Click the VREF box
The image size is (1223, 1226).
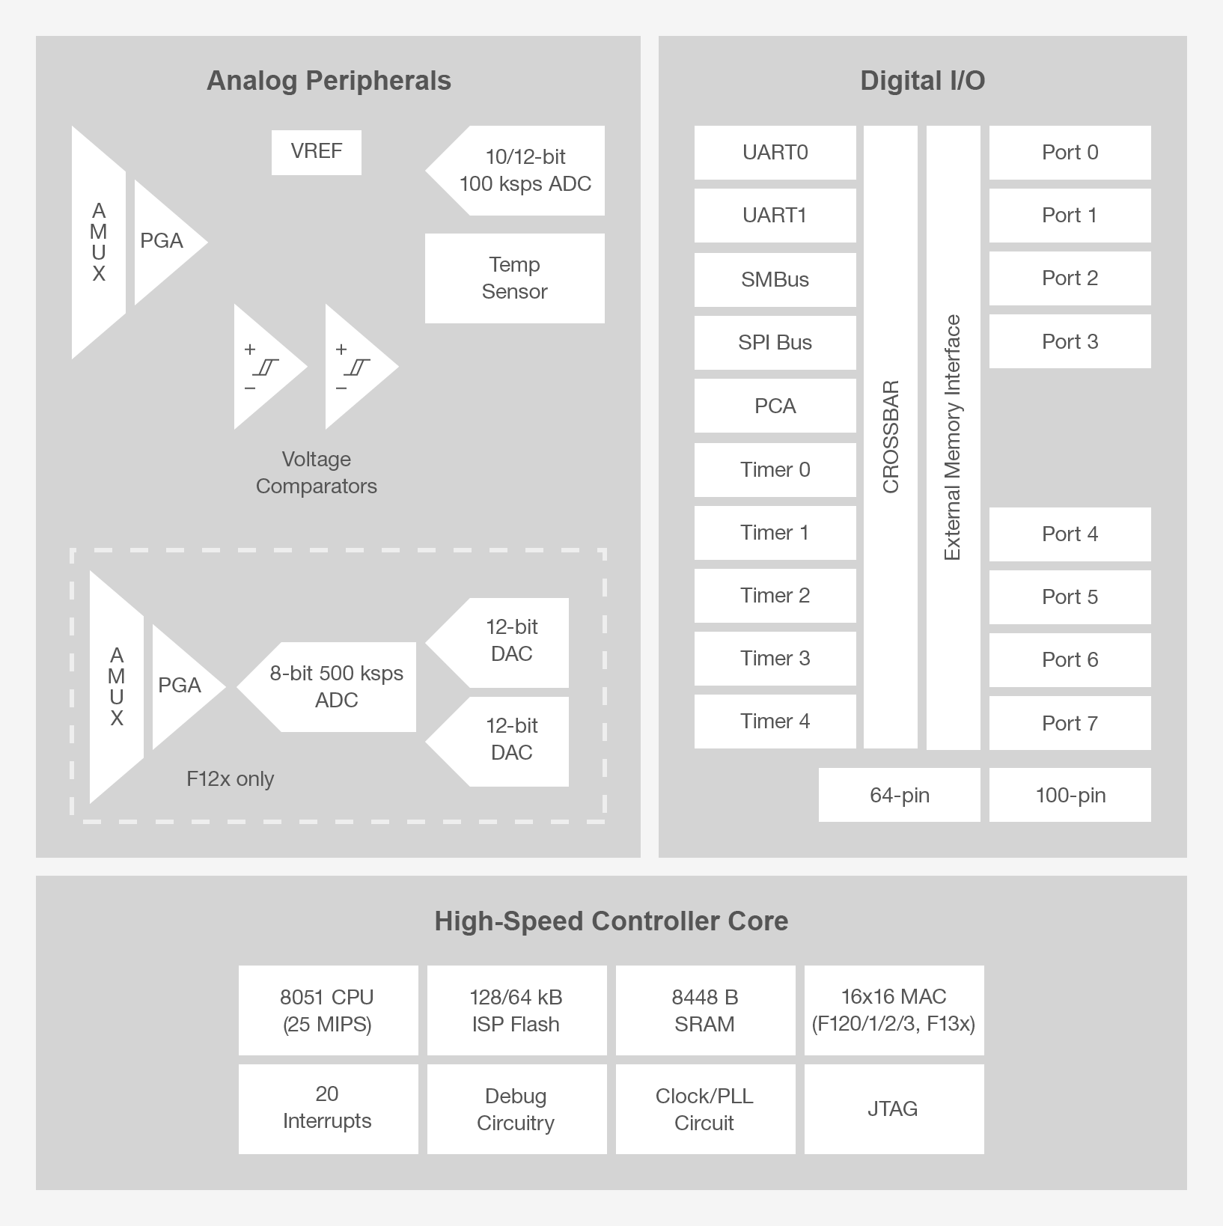(316, 152)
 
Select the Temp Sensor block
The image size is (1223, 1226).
(514, 278)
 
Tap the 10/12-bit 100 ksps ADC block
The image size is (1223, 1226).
(524, 171)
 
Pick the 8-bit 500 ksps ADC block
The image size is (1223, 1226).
(335, 686)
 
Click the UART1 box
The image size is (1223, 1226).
(775, 216)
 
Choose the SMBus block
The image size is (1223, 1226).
(775, 279)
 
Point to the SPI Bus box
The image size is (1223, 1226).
(775, 342)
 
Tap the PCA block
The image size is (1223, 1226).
(775, 406)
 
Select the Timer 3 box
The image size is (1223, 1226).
(775, 659)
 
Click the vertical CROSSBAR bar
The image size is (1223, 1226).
(891, 437)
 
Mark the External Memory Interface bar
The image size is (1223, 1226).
(953, 437)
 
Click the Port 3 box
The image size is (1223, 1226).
(1070, 341)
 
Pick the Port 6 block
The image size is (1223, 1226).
(1070, 659)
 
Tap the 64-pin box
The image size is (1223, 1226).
(899, 795)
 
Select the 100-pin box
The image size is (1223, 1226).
(1070, 795)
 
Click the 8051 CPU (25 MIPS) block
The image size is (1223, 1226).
(328, 1010)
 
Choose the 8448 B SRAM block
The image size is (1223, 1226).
(705, 1010)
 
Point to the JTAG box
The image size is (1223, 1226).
(894, 1108)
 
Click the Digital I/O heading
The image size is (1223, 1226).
(922, 81)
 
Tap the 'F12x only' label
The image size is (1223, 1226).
(231, 779)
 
